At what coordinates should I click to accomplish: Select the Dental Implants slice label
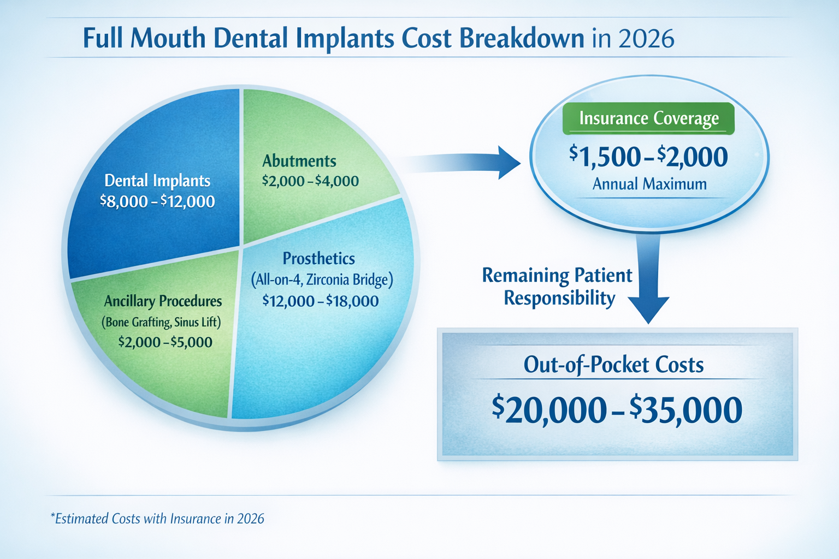point(157,181)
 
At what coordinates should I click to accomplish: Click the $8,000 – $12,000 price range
point(157,201)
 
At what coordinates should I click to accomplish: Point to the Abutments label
point(299,161)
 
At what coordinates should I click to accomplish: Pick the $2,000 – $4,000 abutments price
point(310,181)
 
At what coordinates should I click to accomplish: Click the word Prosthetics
point(318,259)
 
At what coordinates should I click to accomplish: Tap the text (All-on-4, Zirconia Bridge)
point(322,280)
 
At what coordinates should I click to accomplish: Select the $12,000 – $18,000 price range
point(320,301)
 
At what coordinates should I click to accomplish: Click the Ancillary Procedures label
point(163,301)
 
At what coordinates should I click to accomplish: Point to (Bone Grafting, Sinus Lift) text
point(161,322)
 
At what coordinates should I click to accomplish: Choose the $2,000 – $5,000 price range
point(165,342)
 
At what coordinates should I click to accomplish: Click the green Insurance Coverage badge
point(648,118)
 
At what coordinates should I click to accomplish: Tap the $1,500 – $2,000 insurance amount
point(648,157)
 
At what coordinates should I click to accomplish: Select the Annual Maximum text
point(649,184)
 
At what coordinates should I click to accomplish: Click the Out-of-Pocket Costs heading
point(613,365)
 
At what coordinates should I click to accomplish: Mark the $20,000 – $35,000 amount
point(617,411)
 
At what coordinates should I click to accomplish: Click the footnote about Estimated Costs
point(157,519)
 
